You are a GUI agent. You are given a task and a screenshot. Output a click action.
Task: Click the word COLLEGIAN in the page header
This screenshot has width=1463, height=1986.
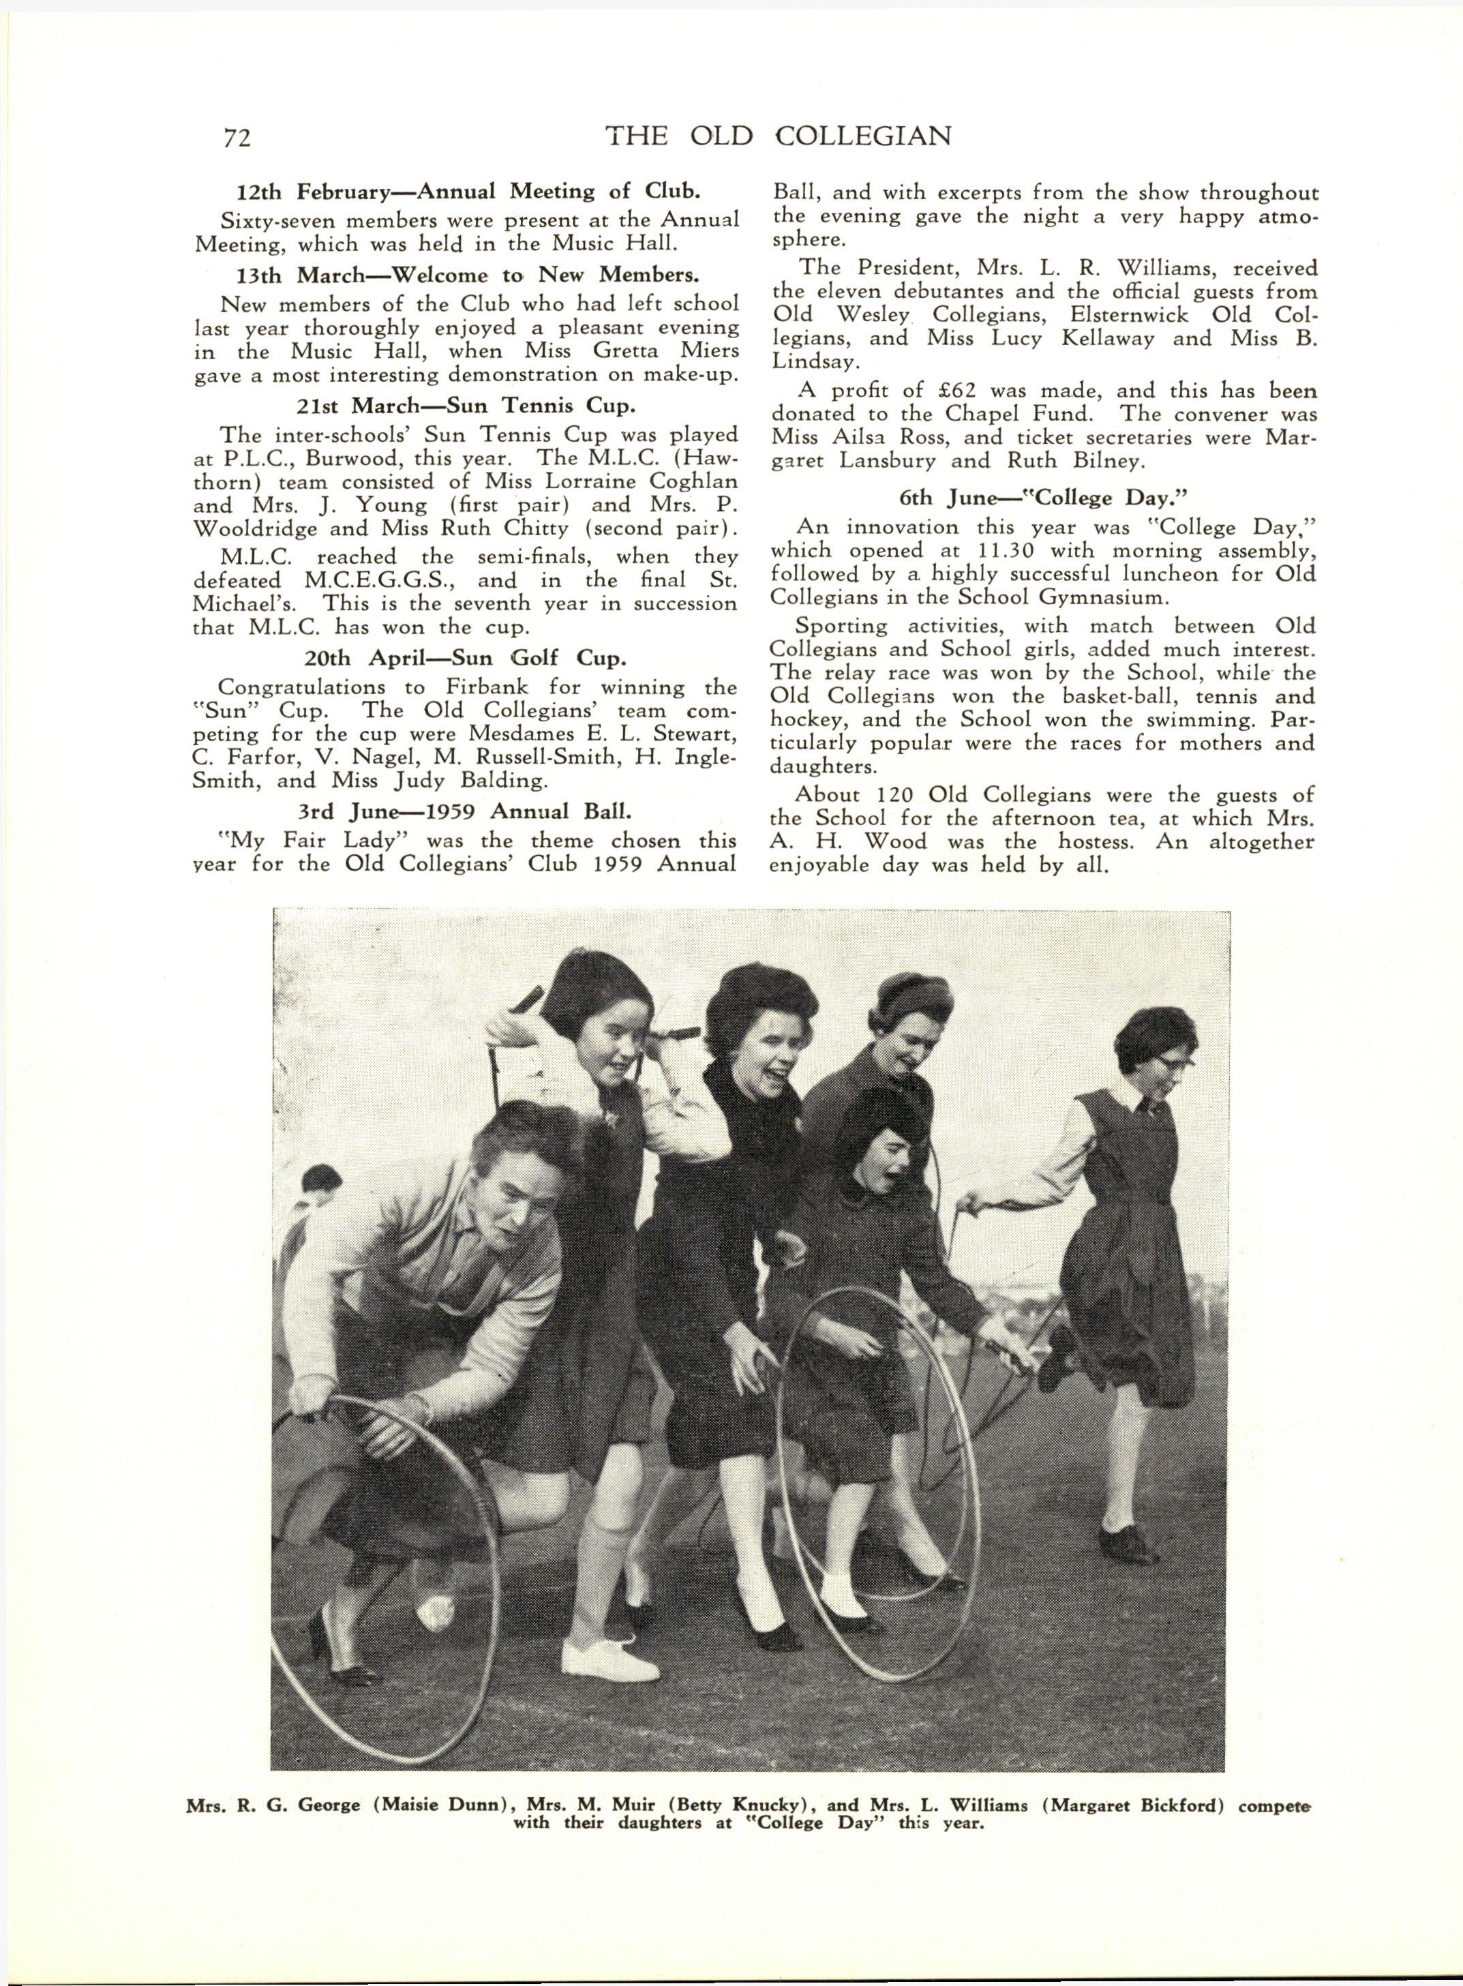coord(864,136)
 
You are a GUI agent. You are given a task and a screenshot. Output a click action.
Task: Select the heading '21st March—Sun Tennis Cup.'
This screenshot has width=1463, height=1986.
coord(465,406)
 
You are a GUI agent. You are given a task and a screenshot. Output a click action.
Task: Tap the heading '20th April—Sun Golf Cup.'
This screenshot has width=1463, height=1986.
coord(465,658)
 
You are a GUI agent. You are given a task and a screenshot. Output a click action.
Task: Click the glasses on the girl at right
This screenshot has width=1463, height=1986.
coord(1171,1061)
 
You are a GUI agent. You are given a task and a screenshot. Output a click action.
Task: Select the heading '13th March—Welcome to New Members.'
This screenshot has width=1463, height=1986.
coord(465,275)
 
